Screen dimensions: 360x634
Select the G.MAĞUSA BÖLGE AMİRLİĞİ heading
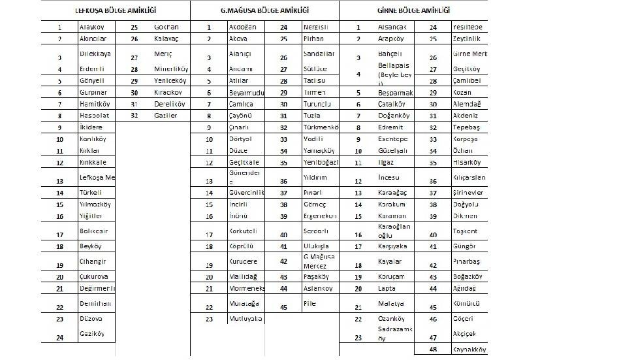pos(264,11)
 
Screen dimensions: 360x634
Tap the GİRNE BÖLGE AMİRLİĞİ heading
pos(413,11)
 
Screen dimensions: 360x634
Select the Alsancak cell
pos(392,27)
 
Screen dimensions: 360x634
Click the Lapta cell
pos(387,288)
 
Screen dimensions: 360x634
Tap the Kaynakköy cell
pos(469,350)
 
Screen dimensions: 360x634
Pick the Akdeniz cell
pos(465,115)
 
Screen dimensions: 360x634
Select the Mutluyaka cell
pos(245,319)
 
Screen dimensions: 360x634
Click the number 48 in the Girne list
pos(433,350)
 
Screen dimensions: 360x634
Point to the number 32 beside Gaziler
pos(134,115)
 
